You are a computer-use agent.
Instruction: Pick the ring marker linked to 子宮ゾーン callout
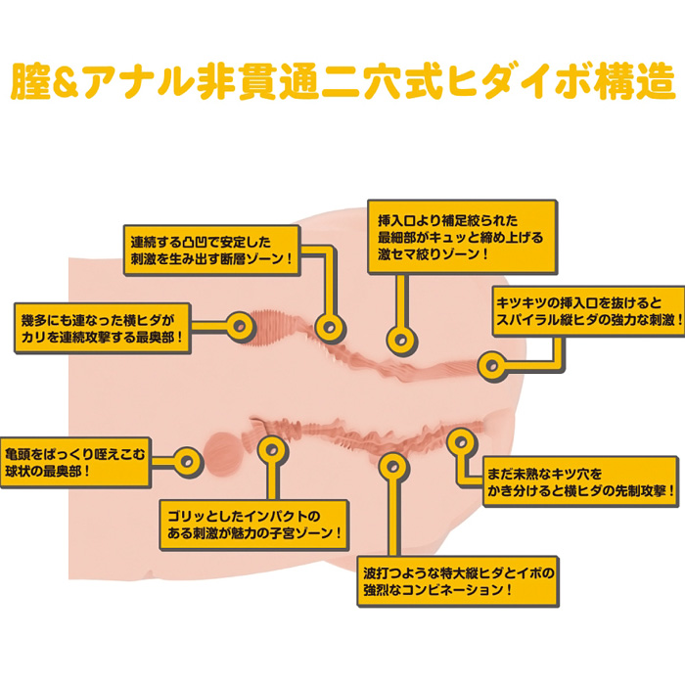[x=272, y=451]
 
